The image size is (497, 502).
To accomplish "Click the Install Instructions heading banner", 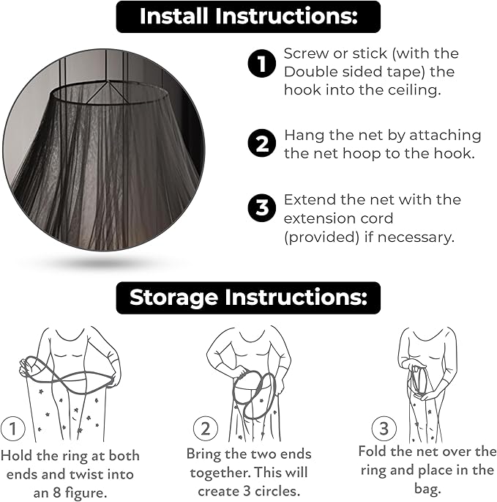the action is pyautogui.click(x=248, y=17).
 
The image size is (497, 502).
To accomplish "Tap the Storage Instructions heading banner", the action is pyautogui.click(x=248, y=298).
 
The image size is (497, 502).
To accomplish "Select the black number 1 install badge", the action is pyautogui.click(x=261, y=63).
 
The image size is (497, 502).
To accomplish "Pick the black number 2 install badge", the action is pyautogui.click(x=261, y=143).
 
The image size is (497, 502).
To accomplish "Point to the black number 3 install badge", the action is pyautogui.click(x=261, y=208).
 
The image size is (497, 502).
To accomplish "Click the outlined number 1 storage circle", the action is pyautogui.click(x=12, y=429).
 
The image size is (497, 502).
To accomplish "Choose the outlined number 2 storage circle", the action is pyautogui.click(x=206, y=429).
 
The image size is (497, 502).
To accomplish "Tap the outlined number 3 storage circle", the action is pyautogui.click(x=384, y=429).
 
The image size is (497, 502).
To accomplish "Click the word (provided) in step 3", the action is pyautogui.click(x=321, y=237).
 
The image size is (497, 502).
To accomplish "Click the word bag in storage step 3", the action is pyautogui.click(x=427, y=490).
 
